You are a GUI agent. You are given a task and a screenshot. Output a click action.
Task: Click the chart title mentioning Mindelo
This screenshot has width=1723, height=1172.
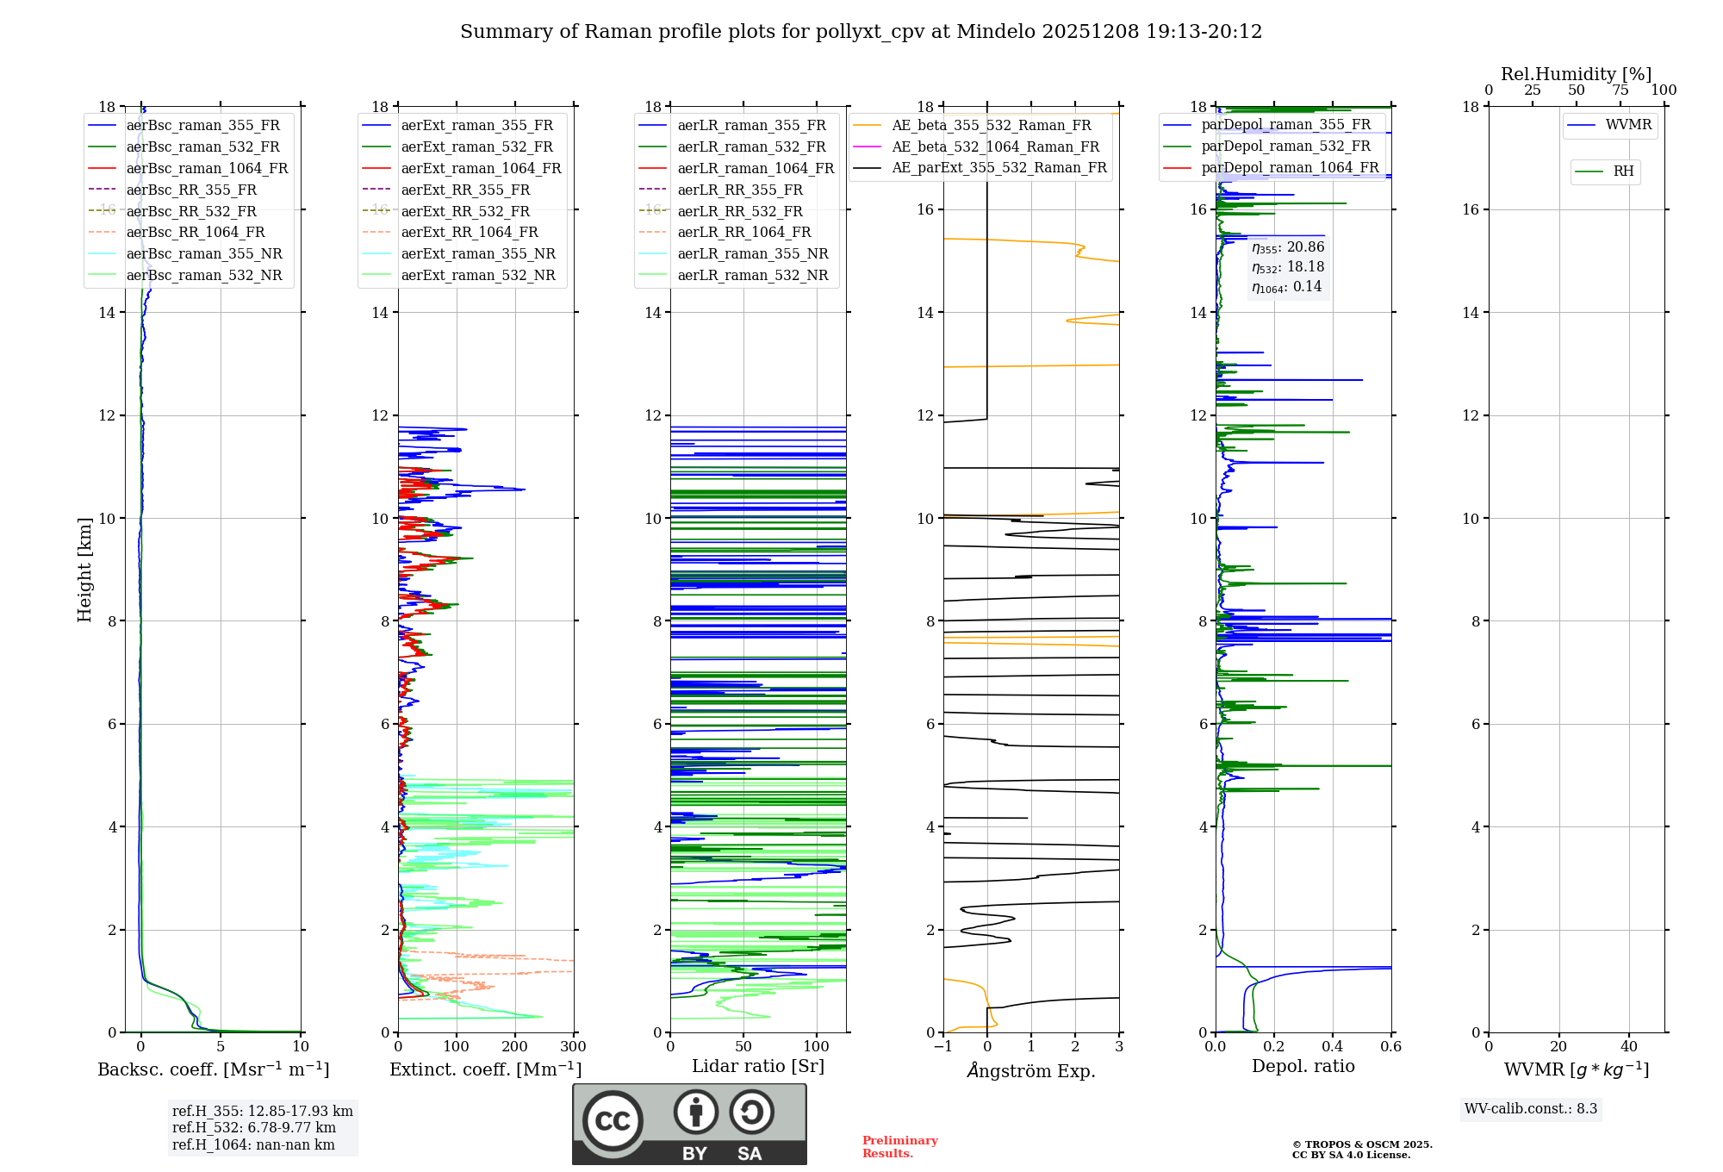click(x=861, y=32)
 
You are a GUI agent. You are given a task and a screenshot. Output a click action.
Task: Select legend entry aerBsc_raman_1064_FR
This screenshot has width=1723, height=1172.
click(x=207, y=168)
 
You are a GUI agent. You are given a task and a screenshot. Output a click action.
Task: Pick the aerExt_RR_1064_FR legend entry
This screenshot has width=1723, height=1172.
click(x=469, y=232)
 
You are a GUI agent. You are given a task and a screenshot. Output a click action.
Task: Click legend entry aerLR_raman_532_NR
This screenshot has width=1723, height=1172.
click(x=752, y=275)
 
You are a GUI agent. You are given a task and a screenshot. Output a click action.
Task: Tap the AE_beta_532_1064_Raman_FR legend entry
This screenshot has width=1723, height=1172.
click(x=995, y=146)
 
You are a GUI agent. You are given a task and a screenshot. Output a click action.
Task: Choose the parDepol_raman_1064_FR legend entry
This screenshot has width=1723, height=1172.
click(x=1290, y=167)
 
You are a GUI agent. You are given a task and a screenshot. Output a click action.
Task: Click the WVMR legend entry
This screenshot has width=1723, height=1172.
click(x=1628, y=125)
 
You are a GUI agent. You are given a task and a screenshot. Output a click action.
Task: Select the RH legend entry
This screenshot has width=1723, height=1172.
click(x=1623, y=171)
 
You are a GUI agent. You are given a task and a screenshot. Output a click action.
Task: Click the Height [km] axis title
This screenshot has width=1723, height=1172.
click(x=84, y=569)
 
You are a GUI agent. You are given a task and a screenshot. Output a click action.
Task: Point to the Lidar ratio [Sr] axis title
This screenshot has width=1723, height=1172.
click(x=758, y=1066)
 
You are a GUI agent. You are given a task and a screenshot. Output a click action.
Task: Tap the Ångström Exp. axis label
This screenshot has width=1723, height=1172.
click(x=1031, y=1070)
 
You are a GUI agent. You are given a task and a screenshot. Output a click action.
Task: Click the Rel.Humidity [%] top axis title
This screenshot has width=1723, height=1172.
click(x=1576, y=74)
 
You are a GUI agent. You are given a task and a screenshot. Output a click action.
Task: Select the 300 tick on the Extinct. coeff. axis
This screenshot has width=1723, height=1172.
click(x=573, y=1047)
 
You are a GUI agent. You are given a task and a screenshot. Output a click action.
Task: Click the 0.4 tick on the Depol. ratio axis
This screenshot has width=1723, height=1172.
click(x=1332, y=1047)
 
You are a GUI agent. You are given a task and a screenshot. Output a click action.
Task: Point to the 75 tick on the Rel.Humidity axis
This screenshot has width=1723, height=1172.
click(x=1620, y=90)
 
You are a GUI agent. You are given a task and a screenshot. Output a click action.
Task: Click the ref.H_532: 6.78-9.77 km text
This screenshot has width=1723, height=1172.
click(x=253, y=1127)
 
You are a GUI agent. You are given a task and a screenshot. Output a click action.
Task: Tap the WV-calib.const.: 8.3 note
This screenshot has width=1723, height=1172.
click(x=1530, y=1109)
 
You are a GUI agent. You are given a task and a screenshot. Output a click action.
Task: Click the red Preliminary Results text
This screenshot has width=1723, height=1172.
click(x=899, y=1147)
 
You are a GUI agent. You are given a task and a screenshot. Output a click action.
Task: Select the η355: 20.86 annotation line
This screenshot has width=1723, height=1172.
click(x=1287, y=247)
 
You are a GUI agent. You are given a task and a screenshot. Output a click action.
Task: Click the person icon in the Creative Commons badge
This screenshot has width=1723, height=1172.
click(x=696, y=1112)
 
